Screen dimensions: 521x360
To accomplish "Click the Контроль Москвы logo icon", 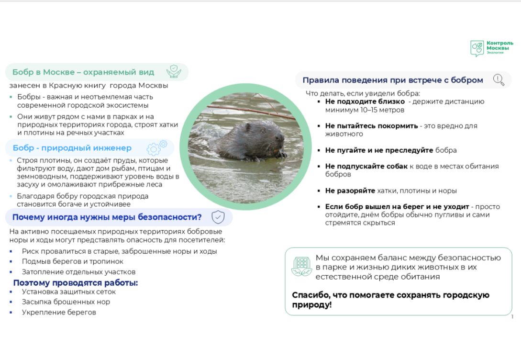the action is click(x=477, y=48).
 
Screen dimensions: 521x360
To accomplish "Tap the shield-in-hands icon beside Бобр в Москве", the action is click(x=174, y=71).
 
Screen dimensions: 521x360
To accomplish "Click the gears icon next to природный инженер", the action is click(x=157, y=148).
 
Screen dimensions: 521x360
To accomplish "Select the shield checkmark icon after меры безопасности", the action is click(x=218, y=217).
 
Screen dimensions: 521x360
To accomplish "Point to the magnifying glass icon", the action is click(x=499, y=80).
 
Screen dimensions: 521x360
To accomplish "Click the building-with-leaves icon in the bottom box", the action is click(x=301, y=266).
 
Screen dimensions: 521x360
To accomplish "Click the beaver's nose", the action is click(x=282, y=137).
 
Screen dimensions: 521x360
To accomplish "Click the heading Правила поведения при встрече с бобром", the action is click(x=393, y=80).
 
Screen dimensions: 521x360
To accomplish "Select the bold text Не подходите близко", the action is click(x=365, y=101).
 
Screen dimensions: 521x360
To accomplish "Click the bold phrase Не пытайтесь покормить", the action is click(x=371, y=125).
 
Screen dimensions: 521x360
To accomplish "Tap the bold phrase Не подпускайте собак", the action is click(x=366, y=166).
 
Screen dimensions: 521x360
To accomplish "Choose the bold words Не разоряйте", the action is click(x=350, y=191).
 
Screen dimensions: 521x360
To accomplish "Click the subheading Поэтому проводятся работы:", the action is click(x=76, y=283).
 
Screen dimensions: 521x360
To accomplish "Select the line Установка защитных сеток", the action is click(x=69, y=292).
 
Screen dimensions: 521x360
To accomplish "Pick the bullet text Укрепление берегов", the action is click(x=59, y=313).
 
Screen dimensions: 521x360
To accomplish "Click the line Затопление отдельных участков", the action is click(x=79, y=272).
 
